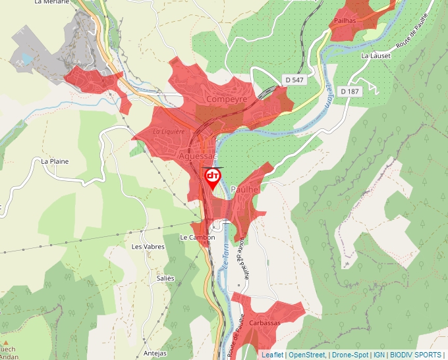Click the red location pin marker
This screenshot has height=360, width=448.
pyautogui.click(x=213, y=178)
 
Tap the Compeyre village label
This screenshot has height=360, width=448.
pyautogui.click(x=227, y=99)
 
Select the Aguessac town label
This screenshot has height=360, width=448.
pyautogui.click(x=198, y=157)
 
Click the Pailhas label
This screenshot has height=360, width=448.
pyautogui.click(x=345, y=21)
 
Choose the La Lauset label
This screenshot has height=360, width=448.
pyautogui.click(x=376, y=56)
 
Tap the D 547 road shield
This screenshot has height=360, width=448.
pyautogui.click(x=294, y=79)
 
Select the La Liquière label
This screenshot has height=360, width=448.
pyautogui.click(x=169, y=131)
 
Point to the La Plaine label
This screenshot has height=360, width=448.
pyautogui.click(x=55, y=161)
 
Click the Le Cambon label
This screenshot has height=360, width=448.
pyautogui.click(x=197, y=238)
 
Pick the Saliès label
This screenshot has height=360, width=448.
pyautogui.click(x=165, y=278)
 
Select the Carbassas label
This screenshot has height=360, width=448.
pyautogui.click(x=264, y=323)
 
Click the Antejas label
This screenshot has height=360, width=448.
pyautogui.click(x=155, y=353)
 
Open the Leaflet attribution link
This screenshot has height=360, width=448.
pyautogui.click(x=272, y=355)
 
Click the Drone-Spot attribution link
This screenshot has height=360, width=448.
pyautogui.click(x=349, y=355)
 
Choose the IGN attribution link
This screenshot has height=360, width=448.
pyautogui.click(x=379, y=355)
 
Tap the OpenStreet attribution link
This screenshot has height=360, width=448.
pyautogui.click(x=307, y=355)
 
